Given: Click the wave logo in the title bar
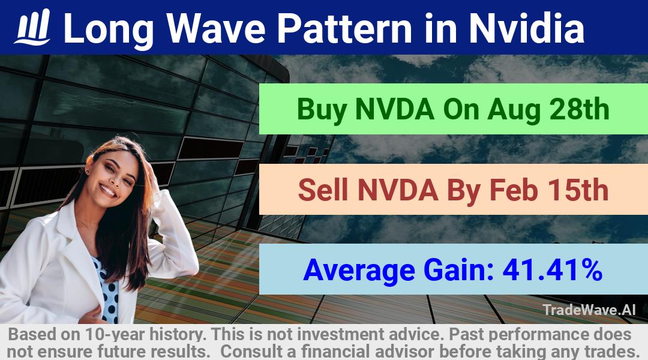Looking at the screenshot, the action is pyautogui.click(x=32, y=27).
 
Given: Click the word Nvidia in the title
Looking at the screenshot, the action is pyautogui.click(x=526, y=28).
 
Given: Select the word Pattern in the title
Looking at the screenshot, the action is pyautogui.click(x=344, y=28).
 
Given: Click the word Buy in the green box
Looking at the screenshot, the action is pyautogui.click(x=322, y=110).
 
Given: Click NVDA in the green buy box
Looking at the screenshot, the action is pyautogui.click(x=395, y=109).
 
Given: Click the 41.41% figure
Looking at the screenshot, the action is pyautogui.click(x=552, y=269).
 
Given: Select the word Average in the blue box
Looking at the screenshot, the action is pyautogui.click(x=359, y=271).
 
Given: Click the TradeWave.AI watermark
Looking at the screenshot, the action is pyautogui.click(x=589, y=310).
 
